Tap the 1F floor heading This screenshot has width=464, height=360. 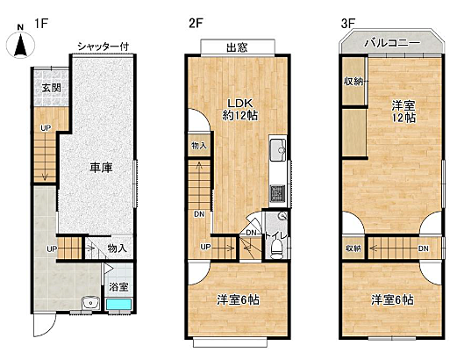pyautogui.click(x=40, y=21)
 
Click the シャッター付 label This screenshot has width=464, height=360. pyautogui.click(x=104, y=46)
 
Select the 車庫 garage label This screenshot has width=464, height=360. pyautogui.click(x=98, y=168)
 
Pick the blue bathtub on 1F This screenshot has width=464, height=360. pyautogui.click(x=118, y=305)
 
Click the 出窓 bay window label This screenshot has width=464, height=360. pyautogui.click(x=236, y=47)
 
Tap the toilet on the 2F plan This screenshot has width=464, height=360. pyautogui.click(x=276, y=250)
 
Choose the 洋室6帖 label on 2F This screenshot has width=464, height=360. pyautogui.click(x=239, y=299)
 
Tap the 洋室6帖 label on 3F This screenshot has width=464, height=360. pyautogui.click(x=392, y=299)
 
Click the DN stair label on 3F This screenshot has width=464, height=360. pyautogui.click(x=424, y=249)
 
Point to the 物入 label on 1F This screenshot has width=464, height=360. pyautogui.click(x=118, y=248)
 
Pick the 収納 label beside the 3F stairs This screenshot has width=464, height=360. pyautogui.click(x=353, y=249)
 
